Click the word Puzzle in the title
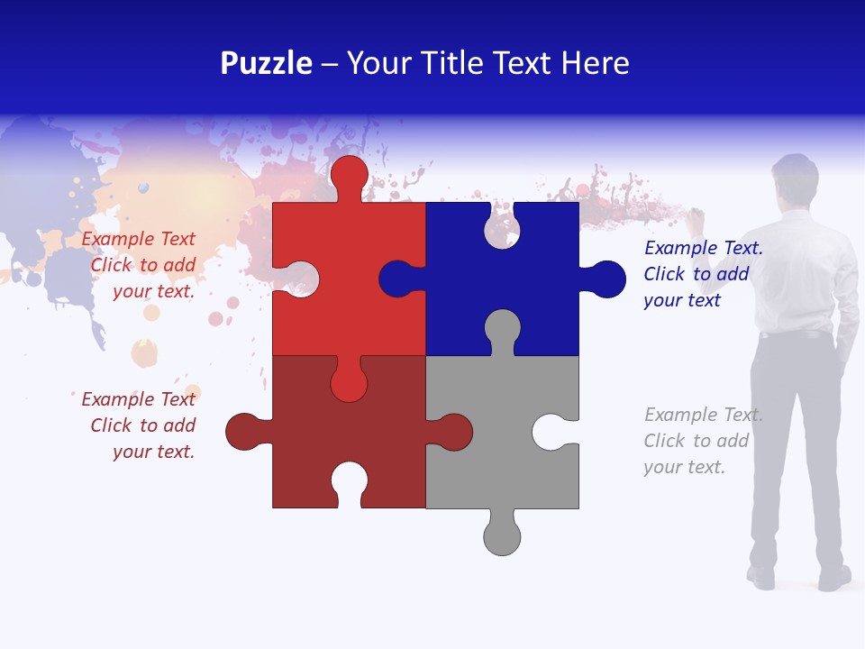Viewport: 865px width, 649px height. (x=266, y=64)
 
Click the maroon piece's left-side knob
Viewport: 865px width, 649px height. (x=243, y=432)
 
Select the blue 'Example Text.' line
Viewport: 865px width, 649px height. (x=703, y=248)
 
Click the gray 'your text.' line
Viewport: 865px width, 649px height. (x=684, y=467)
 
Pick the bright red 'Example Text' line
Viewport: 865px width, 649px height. (x=138, y=239)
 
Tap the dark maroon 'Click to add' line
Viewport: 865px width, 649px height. (x=142, y=425)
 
